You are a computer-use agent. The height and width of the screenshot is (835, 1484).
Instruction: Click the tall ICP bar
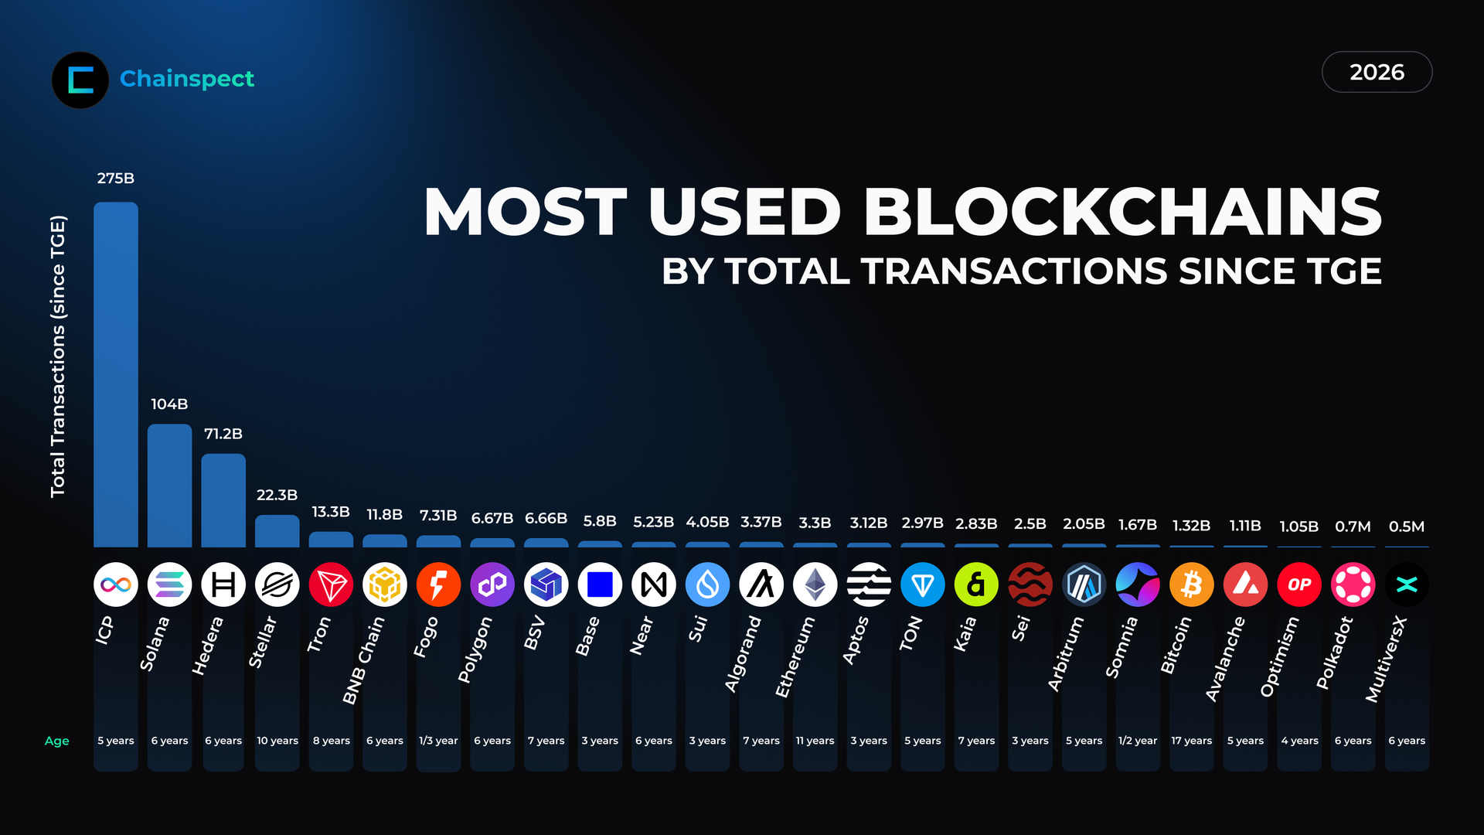(x=116, y=375)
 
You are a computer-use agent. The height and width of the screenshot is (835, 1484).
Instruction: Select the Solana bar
(x=169, y=486)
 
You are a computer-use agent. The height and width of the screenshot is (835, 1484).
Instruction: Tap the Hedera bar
(x=223, y=500)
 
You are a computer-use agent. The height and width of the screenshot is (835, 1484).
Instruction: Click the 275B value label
(x=116, y=179)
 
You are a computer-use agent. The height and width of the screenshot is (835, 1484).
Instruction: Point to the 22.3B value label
(x=277, y=495)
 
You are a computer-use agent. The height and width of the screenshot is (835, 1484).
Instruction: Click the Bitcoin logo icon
(x=1191, y=584)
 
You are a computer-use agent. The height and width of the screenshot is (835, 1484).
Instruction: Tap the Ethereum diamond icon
(x=815, y=584)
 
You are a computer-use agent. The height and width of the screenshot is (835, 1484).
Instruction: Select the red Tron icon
(x=331, y=584)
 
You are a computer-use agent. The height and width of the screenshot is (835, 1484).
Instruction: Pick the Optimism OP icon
(x=1299, y=584)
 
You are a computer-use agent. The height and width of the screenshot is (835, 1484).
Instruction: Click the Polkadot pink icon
(x=1353, y=584)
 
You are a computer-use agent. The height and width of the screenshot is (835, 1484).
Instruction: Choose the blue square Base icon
(x=600, y=584)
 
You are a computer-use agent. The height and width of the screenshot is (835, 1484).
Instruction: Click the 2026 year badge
(x=1377, y=72)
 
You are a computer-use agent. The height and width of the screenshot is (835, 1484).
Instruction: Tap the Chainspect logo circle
(x=80, y=80)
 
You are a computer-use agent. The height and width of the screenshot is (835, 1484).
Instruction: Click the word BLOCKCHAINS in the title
(x=1122, y=212)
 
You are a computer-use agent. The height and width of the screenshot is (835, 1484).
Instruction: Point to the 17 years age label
(x=1191, y=741)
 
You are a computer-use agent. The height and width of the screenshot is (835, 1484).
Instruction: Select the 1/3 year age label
(x=438, y=741)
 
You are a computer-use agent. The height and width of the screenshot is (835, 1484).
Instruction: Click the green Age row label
(x=56, y=741)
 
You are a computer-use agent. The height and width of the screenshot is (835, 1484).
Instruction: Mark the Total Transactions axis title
(x=58, y=356)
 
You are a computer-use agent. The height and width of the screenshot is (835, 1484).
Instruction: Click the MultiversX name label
(x=1387, y=659)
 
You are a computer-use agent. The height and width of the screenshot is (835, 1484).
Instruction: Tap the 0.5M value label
(x=1406, y=527)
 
